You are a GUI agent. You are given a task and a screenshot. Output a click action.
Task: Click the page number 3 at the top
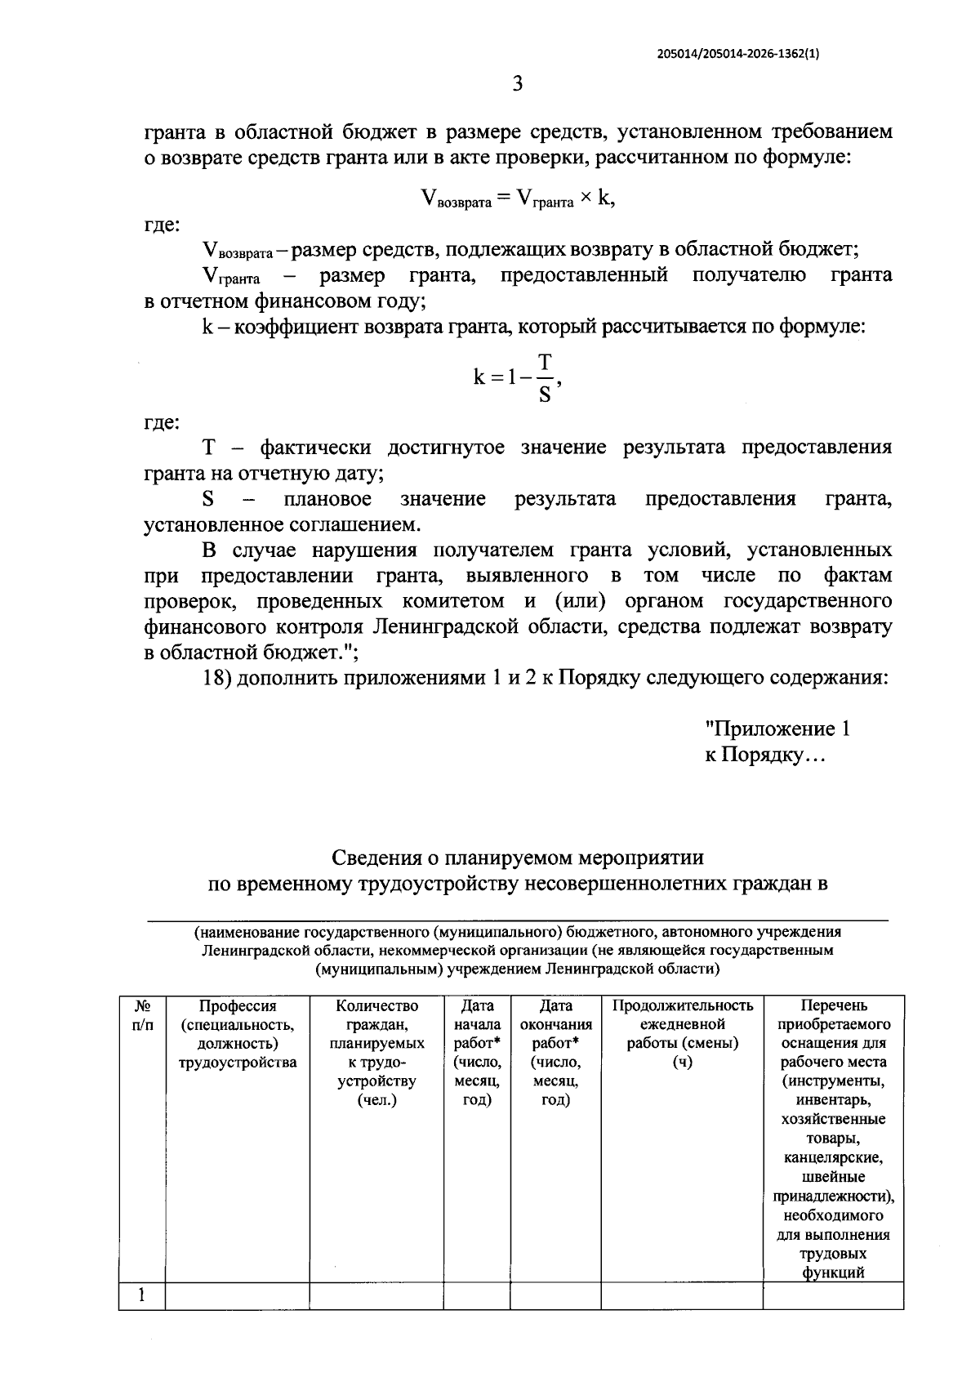click(516, 84)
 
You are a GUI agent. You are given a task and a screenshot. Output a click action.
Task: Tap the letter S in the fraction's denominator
click(545, 395)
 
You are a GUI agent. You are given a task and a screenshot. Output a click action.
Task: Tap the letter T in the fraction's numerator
click(545, 362)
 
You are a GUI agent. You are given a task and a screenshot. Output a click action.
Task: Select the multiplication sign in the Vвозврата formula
click(586, 198)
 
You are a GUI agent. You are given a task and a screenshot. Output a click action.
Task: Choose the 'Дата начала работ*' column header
click(477, 1052)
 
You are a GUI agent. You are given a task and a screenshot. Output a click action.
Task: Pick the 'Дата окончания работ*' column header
click(555, 1052)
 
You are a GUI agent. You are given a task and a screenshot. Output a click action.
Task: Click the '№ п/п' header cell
click(142, 1015)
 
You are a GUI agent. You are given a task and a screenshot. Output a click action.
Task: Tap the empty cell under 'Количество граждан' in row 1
click(376, 1296)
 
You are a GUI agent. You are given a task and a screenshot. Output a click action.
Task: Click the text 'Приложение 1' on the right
click(777, 729)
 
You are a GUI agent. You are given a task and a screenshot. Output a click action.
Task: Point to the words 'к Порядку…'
click(766, 755)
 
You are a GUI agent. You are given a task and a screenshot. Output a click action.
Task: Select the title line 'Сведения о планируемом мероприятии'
click(517, 858)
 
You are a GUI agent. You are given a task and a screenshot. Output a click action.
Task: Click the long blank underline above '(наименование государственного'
click(517, 920)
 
